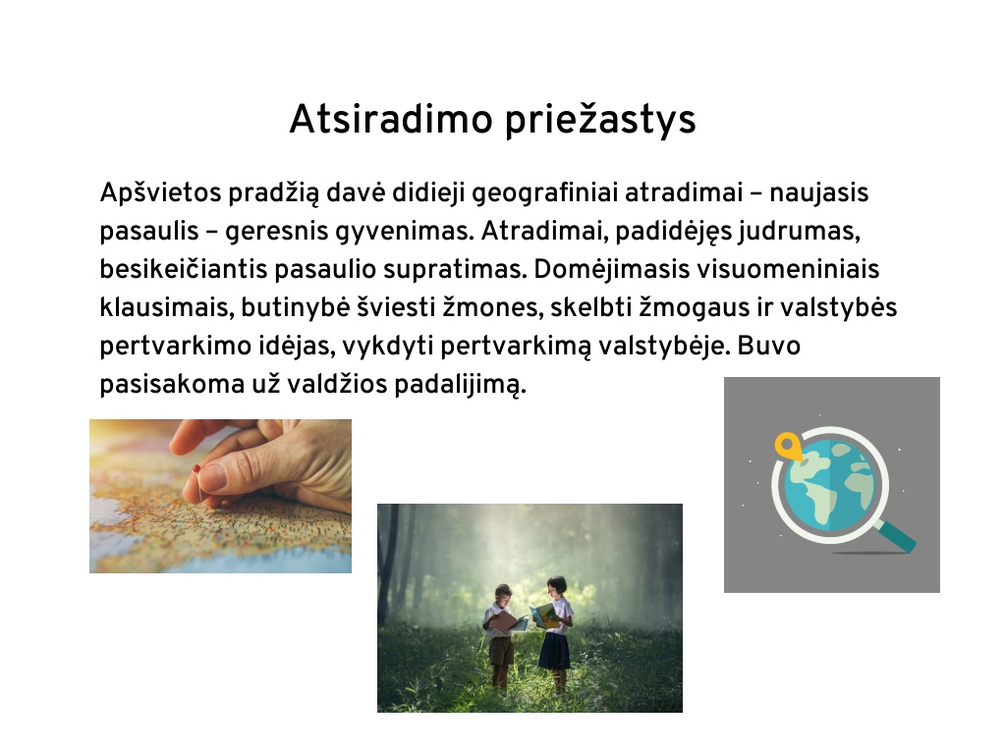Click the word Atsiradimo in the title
pos(391,119)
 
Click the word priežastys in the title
pos(600,119)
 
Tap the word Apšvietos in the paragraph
pos(160,192)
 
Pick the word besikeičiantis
pos(184,269)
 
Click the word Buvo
pos(768,346)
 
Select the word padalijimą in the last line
pos(460,384)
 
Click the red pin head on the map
pos(196,469)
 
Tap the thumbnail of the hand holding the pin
pos(220,496)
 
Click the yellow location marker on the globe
pos(787,445)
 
